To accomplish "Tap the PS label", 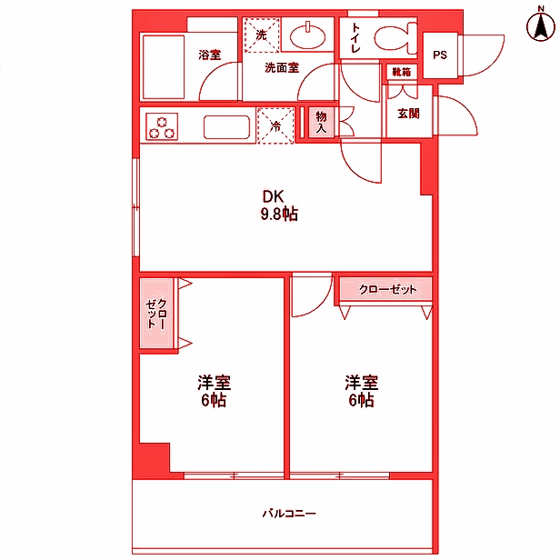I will [440, 55].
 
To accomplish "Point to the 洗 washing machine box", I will [261, 35].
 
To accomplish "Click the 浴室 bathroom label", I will [210, 55].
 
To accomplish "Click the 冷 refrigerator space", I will [276, 125].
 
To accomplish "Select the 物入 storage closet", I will [321, 121].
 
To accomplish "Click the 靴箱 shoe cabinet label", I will [400, 70].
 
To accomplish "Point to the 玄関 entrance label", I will [408, 114].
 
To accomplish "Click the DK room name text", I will [274, 196].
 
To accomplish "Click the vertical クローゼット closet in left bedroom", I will [155, 314].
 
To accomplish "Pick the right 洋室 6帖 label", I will [360, 391].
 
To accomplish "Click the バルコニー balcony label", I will [289, 514].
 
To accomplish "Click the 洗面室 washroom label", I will [283, 67].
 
